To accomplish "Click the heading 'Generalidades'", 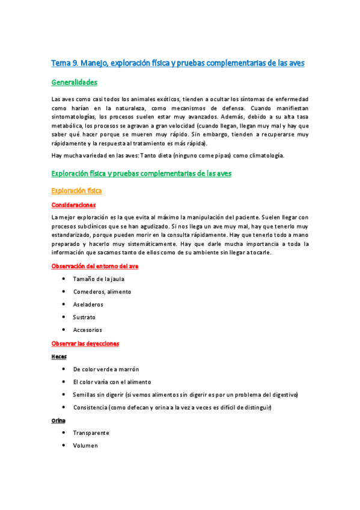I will tap(75, 82).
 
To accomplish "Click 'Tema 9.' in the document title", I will tap(64, 63).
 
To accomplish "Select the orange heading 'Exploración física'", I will tap(76, 191).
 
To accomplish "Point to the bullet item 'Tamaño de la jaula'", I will tap(99, 279).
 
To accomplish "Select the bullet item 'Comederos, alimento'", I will tap(102, 292).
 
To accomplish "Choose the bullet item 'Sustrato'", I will tap(84, 317).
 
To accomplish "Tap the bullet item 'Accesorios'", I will tap(87, 330).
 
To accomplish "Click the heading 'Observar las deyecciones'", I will tap(85, 343).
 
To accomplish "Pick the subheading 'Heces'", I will tap(59, 356).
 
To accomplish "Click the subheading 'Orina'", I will tap(59, 420).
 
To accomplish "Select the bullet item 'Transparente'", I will tap(91, 433).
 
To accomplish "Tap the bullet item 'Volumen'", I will tap(85, 446).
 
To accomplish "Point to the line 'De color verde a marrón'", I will tap(106, 369).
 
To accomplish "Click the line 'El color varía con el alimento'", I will tap(111, 382).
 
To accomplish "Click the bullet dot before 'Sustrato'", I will tap(64, 317).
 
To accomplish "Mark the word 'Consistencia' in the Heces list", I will tap(90, 408).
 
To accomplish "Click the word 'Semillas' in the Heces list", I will tap(85, 395).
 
